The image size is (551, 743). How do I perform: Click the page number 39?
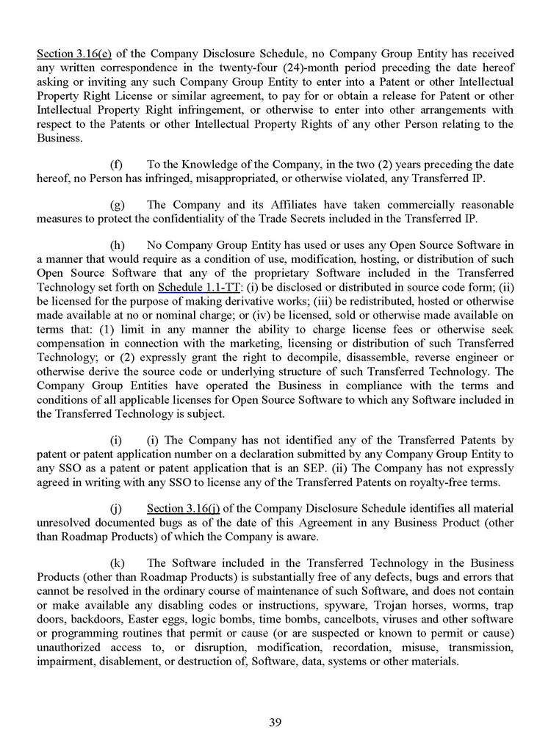(275, 722)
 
